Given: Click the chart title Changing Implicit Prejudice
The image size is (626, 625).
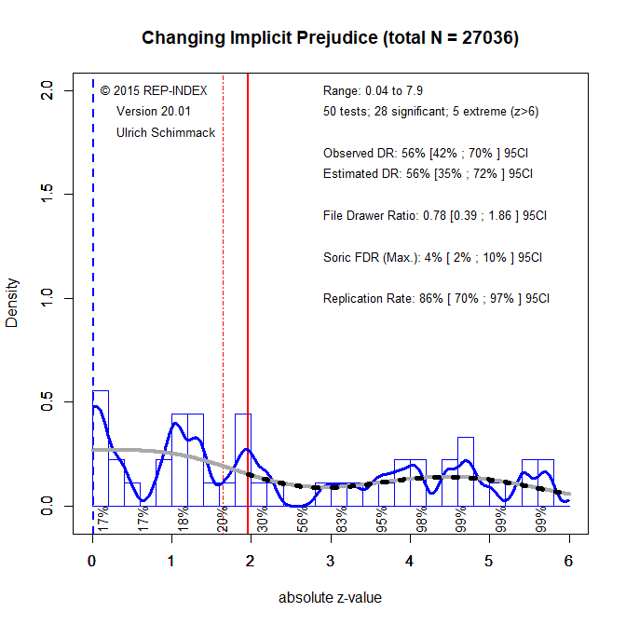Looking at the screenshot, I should click(x=330, y=39).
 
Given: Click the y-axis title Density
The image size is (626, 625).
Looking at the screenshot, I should click(x=12, y=299).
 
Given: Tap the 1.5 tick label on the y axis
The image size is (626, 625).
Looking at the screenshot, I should click(x=44, y=194).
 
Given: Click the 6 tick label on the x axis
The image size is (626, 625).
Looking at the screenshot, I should click(x=568, y=561).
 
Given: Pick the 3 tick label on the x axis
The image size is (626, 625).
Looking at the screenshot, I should click(x=331, y=561).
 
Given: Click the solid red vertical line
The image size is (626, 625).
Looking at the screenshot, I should click(x=248, y=279).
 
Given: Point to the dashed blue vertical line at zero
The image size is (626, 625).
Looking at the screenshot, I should click(x=92, y=279).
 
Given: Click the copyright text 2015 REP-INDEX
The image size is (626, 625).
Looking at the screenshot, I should click(x=154, y=91).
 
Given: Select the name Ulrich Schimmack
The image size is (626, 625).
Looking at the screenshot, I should click(x=166, y=133).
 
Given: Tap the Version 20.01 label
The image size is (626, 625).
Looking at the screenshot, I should click(x=154, y=112).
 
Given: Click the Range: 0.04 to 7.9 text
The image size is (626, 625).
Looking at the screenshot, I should click(x=373, y=91).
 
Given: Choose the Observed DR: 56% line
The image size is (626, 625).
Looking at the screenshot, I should click(x=428, y=153).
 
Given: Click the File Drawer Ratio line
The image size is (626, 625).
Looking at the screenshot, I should click(x=434, y=215).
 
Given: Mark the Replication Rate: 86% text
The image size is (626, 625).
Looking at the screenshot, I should click(x=436, y=299).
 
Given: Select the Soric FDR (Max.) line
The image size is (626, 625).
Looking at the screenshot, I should click(x=432, y=257).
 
